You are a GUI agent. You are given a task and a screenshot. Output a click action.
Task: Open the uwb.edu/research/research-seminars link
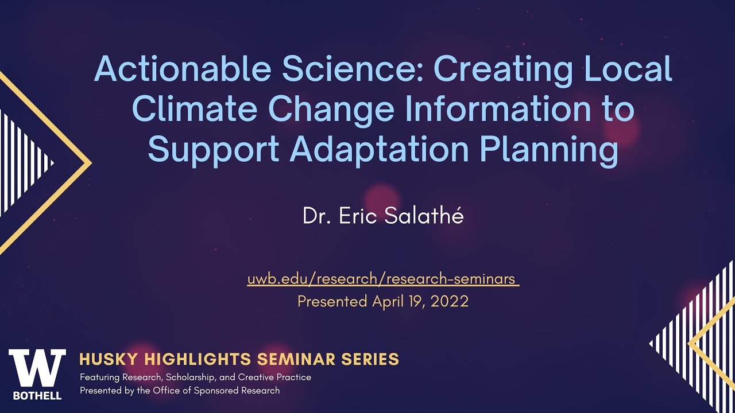383,279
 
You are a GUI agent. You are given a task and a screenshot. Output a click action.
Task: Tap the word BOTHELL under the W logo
37,395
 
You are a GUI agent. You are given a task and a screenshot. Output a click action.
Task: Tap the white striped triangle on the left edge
20,163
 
